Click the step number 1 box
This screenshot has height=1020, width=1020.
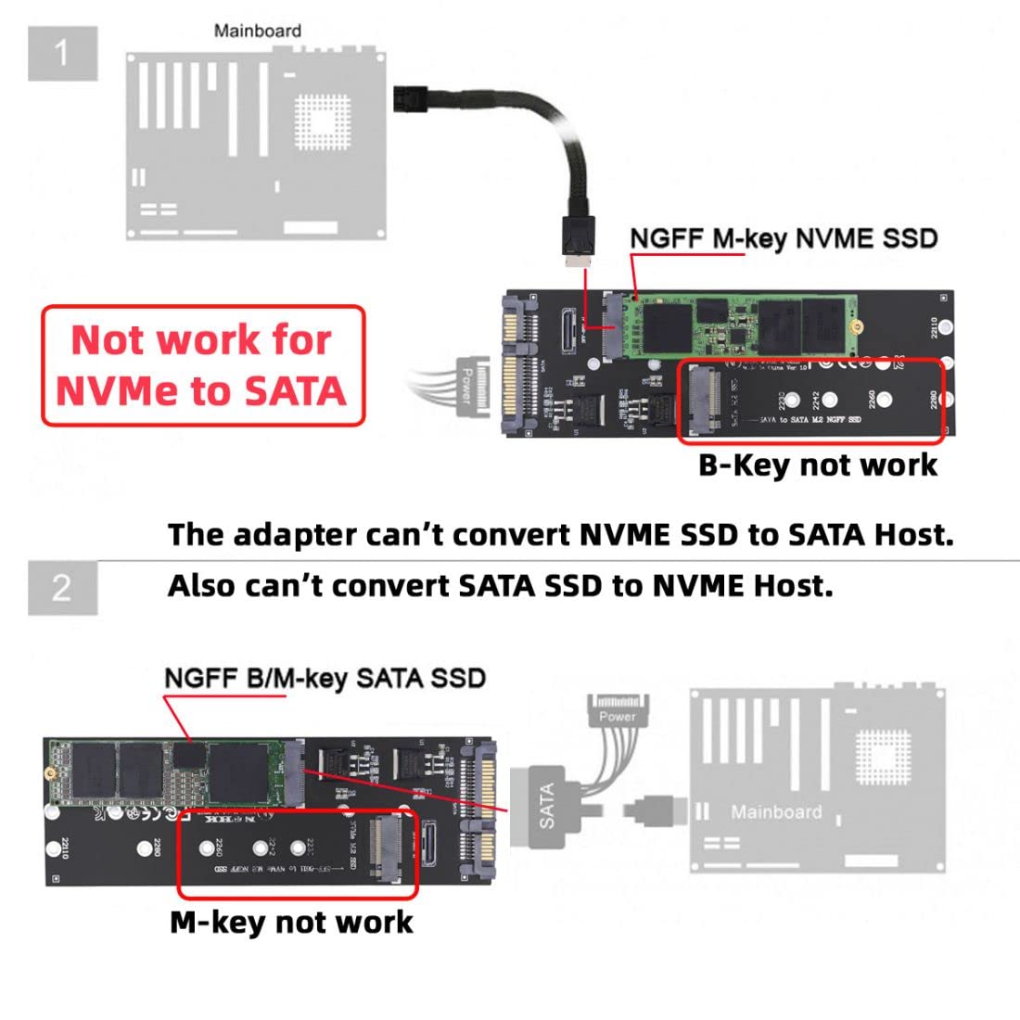[62, 54]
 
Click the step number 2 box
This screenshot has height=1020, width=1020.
[62, 587]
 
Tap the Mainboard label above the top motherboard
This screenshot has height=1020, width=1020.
[257, 31]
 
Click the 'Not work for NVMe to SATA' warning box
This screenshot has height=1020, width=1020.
[203, 366]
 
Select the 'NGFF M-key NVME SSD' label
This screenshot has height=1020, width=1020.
[784, 238]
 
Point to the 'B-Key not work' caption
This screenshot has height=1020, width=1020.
[817, 465]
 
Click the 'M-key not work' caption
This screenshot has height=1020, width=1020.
[291, 922]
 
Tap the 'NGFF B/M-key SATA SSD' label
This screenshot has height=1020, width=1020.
[325, 678]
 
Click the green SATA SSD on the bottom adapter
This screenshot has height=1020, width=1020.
[167, 771]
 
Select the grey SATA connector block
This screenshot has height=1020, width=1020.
[547, 803]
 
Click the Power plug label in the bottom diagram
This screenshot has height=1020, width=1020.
[618, 716]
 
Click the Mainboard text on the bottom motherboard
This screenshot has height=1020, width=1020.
[776, 812]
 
